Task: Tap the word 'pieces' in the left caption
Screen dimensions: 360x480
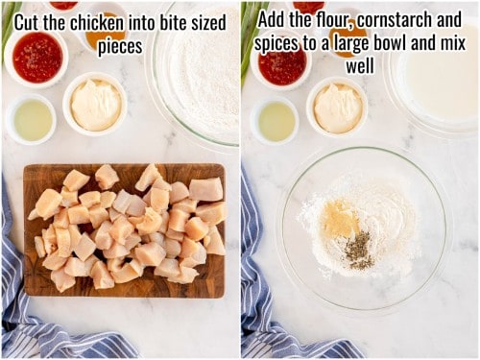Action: (x=119, y=45)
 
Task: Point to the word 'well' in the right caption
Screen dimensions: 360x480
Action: (x=360, y=67)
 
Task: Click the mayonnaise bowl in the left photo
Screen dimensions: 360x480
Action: (x=95, y=104)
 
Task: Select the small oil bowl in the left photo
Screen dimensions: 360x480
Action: (x=30, y=120)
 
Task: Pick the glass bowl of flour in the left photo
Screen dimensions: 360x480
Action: (x=197, y=82)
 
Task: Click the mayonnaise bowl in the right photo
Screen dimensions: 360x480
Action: (x=338, y=108)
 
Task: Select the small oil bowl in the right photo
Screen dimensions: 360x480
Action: (x=275, y=122)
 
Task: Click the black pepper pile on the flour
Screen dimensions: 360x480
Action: (x=358, y=249)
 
